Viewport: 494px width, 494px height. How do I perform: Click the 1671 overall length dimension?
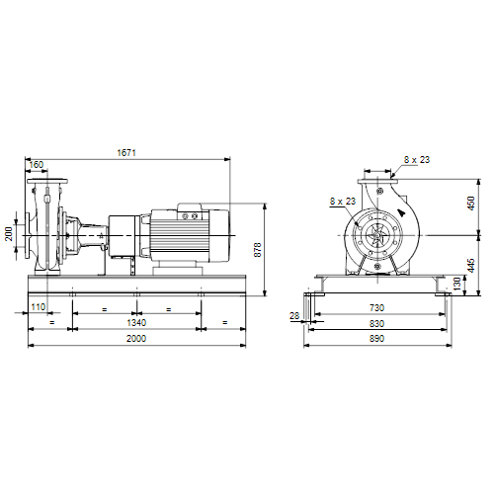point(126,153)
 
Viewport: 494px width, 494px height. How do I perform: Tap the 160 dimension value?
point(37,165)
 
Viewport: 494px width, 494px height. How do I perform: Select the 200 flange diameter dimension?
point(9,234)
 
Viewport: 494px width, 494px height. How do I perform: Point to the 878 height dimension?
point(258,250)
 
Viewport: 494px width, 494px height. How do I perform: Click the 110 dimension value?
point(38,307)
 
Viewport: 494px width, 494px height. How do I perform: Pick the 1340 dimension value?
point(136,323)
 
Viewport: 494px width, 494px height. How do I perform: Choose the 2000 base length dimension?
point(136,339)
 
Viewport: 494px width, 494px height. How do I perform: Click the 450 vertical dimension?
point(471,204)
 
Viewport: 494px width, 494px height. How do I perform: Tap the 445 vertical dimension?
point(471,266)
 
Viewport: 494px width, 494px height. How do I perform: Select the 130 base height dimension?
point(457,284)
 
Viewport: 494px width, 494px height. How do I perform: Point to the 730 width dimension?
point(376,308)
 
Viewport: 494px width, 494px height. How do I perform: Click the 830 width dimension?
point(376,324)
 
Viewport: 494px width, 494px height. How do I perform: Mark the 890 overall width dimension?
point(376,339)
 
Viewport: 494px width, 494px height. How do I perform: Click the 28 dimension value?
point(294,316)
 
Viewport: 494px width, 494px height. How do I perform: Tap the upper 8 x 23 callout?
point(417,160)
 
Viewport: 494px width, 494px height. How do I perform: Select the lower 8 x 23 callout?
point(343,201)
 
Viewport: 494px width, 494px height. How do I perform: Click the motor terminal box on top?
point(190,211)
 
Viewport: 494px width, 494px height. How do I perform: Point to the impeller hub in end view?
point(377,235)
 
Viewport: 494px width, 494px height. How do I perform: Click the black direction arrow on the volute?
point(402,212)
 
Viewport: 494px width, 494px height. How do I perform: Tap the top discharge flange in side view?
point(47,182)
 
